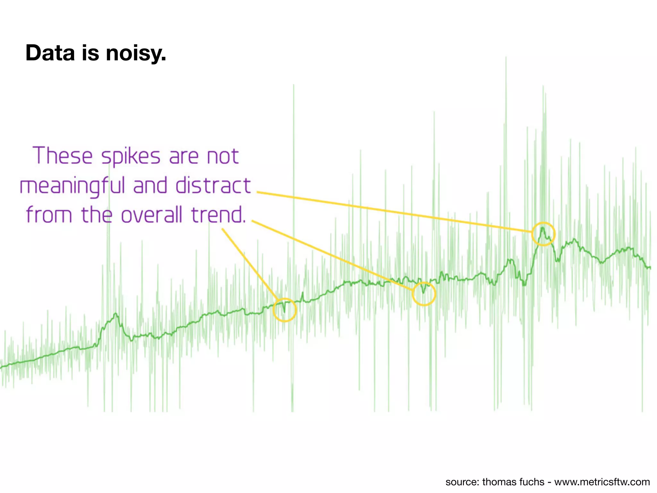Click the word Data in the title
point(50,53)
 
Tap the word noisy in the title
point(136,53)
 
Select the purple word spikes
point(131,157)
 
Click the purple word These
point(63,156)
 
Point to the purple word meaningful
point(72,186)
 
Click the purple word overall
point(151,215)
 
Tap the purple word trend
point(218,215)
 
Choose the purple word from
point(49,215)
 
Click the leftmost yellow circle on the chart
point(285,310)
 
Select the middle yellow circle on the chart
point(424,294)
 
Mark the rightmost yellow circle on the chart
point(543,234)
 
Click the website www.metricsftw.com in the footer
point(602,482)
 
